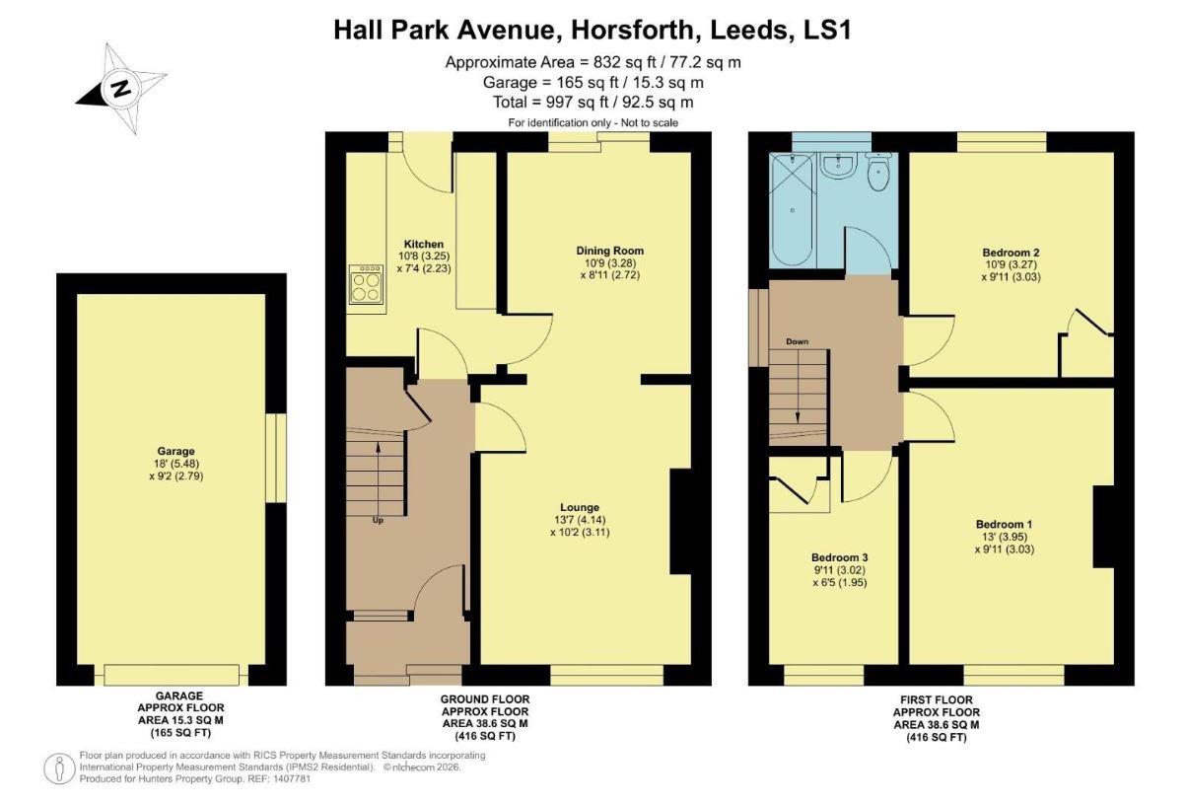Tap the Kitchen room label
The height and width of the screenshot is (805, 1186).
tap(424, 244)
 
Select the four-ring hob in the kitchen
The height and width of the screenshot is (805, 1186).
tap(367, 286)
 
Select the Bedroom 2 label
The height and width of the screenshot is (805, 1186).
tap(1011, 253)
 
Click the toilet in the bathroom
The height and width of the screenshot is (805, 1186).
tap(877, 173)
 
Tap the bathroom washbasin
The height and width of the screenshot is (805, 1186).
tap(839, 164)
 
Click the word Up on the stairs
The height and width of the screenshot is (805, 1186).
tap(378, 520)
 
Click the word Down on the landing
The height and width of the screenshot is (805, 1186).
tap(797, 342)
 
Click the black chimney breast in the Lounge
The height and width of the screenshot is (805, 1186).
tap(681, 521)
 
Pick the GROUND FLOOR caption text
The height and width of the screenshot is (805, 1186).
tap(485, 698)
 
